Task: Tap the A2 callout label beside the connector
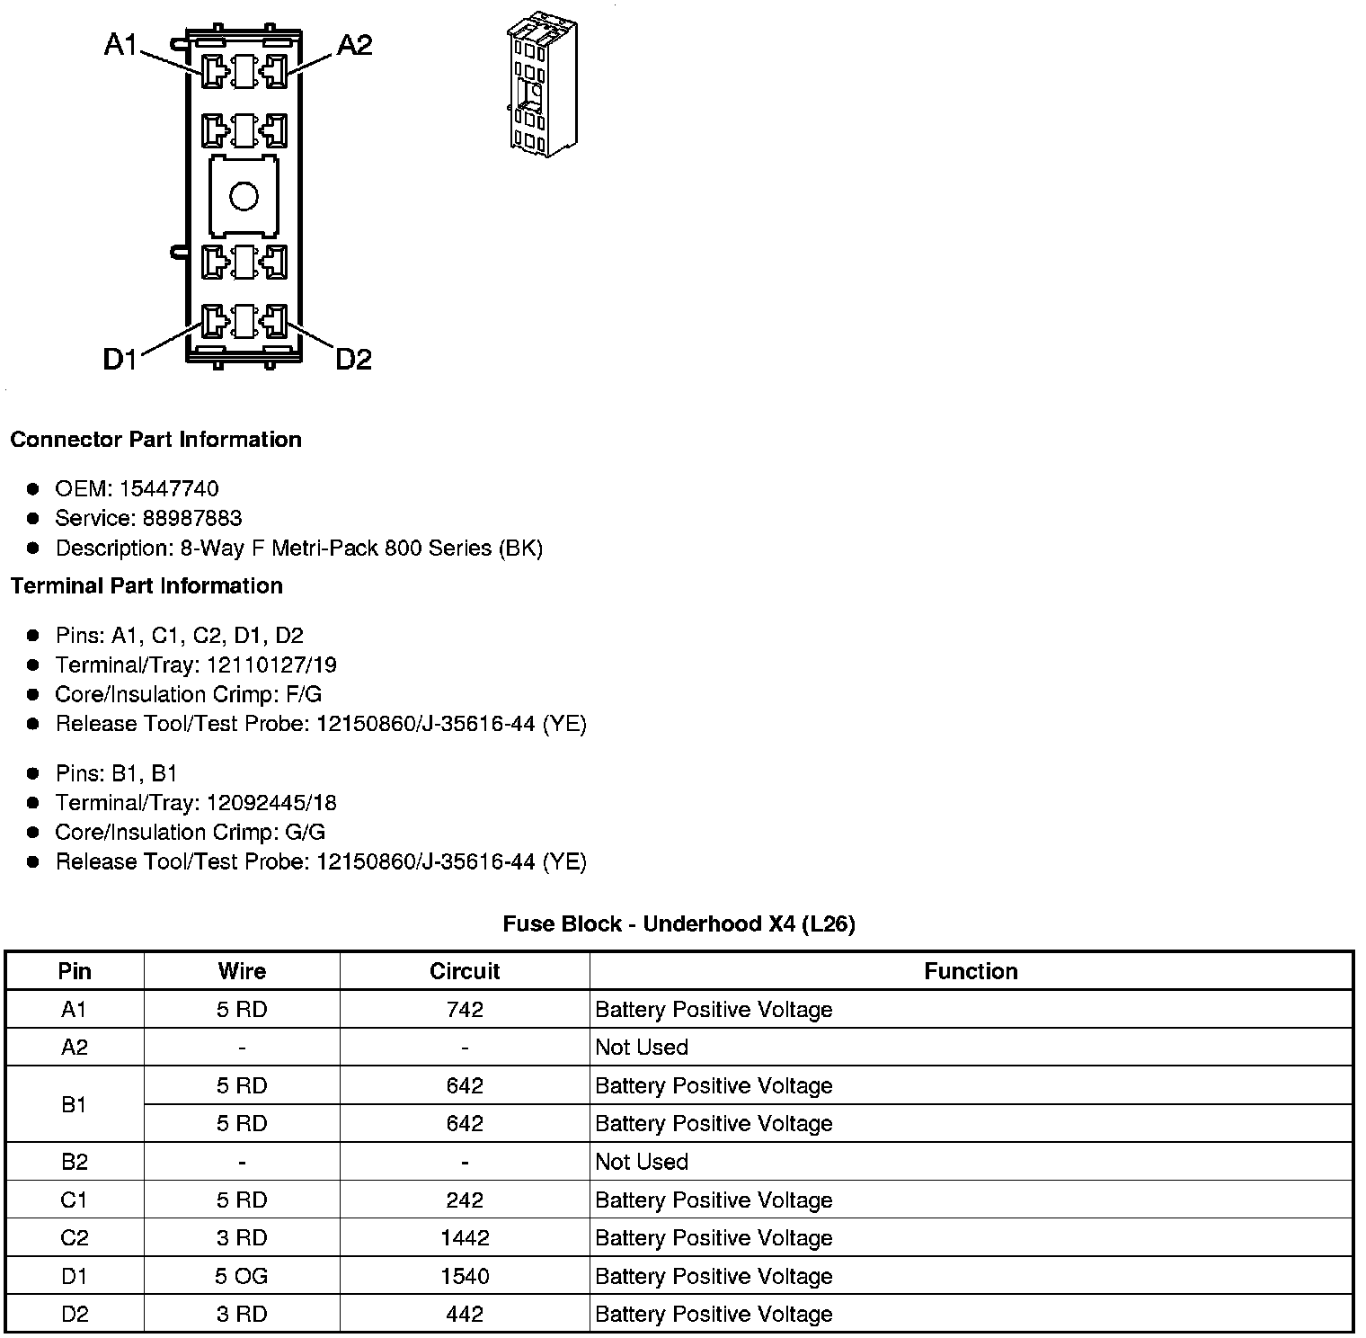354,44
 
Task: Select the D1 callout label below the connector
120,360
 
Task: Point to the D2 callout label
353,360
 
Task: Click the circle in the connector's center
244,196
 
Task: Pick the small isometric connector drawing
542,84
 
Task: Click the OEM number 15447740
169,488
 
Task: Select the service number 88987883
192,518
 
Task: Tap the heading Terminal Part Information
146,585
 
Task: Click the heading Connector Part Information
155,439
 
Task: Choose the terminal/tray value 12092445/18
271,802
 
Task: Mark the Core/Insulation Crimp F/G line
188,694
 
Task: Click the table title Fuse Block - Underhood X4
679,923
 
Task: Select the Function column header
971,971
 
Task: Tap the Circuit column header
465,971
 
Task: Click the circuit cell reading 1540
465,1276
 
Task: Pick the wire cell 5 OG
242,1276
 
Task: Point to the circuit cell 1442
465,1238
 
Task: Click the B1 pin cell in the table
75,1104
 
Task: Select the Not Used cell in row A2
642,1048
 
